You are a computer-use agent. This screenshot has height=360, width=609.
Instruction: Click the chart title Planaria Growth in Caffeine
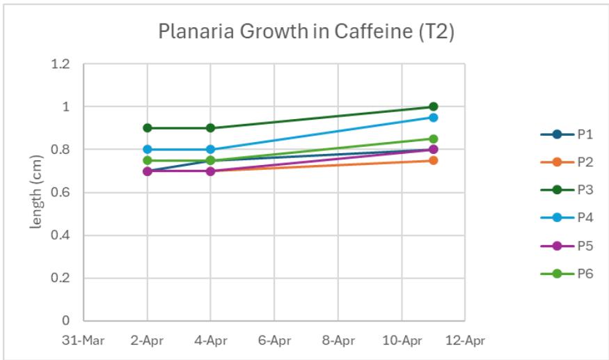click(x=306, y=32)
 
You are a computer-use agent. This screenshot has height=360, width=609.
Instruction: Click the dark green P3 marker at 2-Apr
click(x=147, y=128)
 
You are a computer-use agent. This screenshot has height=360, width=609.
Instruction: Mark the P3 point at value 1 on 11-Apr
click(x=433, y=107)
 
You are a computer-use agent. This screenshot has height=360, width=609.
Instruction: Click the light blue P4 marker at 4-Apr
click(x=210, y=149)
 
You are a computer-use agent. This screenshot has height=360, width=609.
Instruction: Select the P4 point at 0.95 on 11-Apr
click(x=433, y=118)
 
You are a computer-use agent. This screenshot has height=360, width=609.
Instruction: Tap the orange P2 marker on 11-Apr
click(x=433, y=160)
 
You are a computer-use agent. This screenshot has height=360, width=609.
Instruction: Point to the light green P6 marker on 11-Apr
click(x=433, y=139)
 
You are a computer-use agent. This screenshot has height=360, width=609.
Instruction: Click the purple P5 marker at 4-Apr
click(x=210, y=171)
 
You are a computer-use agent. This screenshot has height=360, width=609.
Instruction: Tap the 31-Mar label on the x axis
click(x=82, y=341)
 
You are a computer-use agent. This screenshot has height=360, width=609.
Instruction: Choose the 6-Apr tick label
click(x=274, y=341)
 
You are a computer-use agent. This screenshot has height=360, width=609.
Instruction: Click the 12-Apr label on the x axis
click(x=464, y=341)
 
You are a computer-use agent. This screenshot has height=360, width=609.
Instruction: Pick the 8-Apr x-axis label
click(x=337, y=341)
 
